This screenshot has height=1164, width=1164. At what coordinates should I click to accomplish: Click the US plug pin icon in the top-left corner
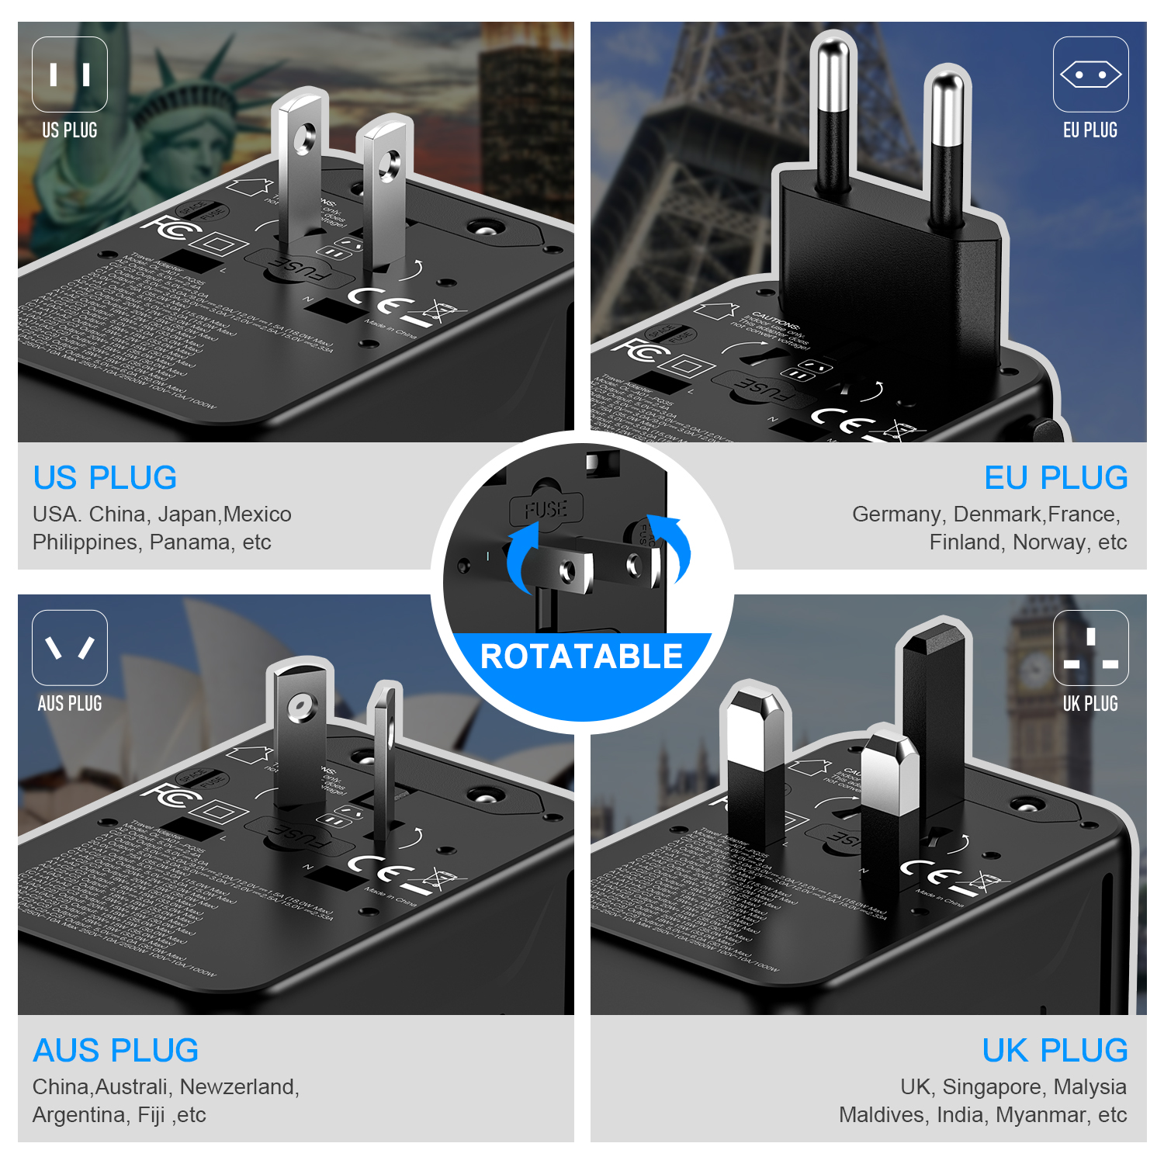click(70, 74)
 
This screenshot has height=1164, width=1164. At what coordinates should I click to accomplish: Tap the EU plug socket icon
click(1090, 74)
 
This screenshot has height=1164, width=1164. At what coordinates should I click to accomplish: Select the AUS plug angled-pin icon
click(70, 647)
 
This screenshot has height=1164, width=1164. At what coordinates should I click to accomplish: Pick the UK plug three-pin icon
click(1090, 648)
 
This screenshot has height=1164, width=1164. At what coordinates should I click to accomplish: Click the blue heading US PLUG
click(105, 478)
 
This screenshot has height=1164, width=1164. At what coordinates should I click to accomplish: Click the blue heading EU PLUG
click(1055, 478)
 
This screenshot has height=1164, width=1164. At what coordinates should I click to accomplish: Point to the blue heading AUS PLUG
click(116, 1051)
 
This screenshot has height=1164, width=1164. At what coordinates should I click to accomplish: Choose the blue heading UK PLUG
click(1055, 1051)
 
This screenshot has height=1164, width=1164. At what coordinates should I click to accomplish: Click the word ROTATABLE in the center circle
click(581, 656)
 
